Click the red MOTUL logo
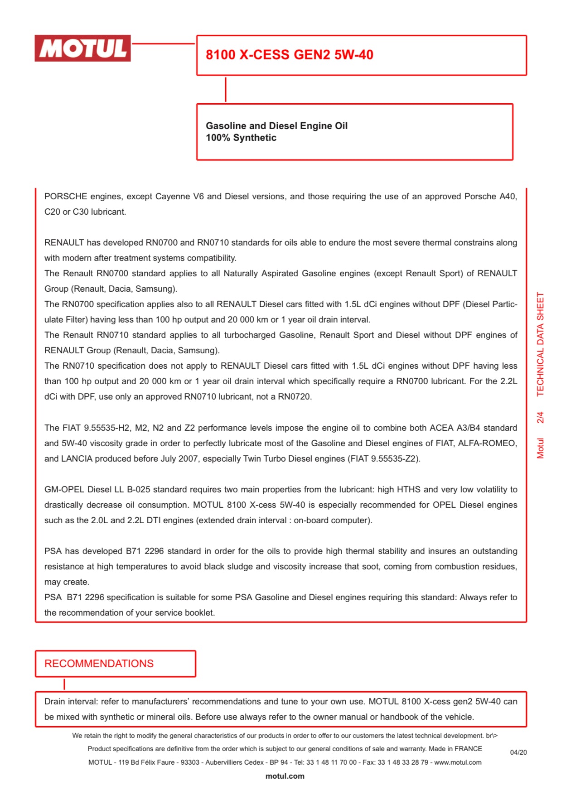click(82, 48)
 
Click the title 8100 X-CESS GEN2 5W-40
click(289, 55)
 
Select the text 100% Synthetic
click(241, 138)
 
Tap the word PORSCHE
click(65, 197)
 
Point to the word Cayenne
click(173, 197)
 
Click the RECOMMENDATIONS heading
click(99, 664)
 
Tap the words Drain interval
click(71, 702)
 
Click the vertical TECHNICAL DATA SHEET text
click(540, 344)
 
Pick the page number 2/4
click(540, 417)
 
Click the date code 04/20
click(518, 752)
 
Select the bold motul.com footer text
click(285, 776)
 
